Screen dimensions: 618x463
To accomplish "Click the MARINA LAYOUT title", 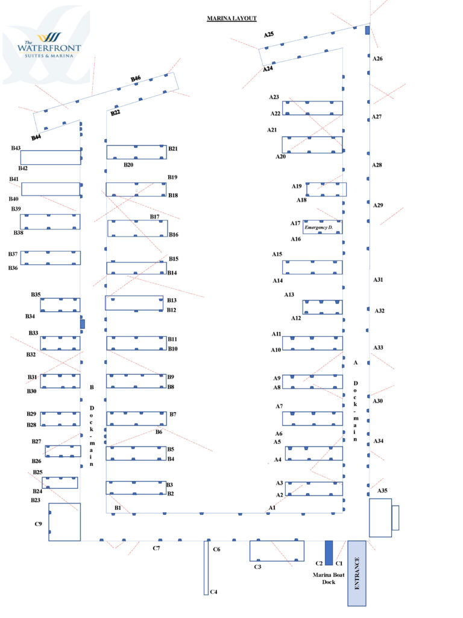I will [x=231, y=19].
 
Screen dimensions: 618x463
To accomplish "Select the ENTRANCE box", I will [x=357, y=573].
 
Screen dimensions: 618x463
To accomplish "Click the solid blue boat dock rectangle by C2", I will [x=329, y=552].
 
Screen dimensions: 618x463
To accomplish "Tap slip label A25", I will [x=269, y=35].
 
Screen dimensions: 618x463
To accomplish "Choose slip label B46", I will [x=136, y=78].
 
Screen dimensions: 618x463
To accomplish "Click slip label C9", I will [x=39, y=524].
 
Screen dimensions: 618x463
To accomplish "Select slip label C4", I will [x=213, y=591].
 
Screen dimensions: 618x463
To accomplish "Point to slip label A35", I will [x=382, y=491].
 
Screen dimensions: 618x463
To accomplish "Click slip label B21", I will [x=173, y=148].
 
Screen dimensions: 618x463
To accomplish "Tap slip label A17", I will [x=295, y=223].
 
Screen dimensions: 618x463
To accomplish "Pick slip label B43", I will [x=16, y=148].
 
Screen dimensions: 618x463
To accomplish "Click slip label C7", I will [x=156, y=548].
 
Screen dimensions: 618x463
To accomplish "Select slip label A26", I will [x=377, y=59].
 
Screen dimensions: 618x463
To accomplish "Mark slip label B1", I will [x=118, y=508].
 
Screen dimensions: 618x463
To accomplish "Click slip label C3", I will [x=257, y=567].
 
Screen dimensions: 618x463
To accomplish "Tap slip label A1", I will [x=272, y=508].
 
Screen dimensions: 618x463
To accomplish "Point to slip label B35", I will [x=36, y=295].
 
